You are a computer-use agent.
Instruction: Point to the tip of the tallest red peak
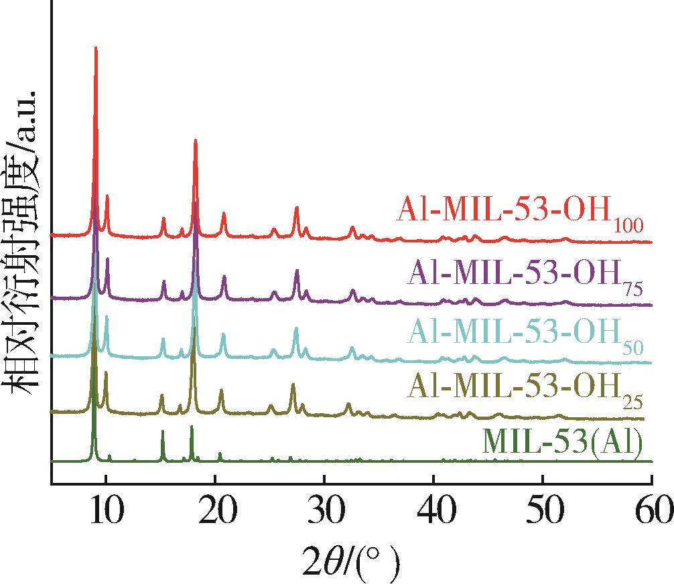pyautogui.click(x=96, y=48)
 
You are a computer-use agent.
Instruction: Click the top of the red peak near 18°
pyautogui.click(x=195, y=140)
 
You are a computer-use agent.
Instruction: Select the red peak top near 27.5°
pyautogui.click(x=296, y=208)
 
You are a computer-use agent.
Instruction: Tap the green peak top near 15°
pyautogui.click(x=162, y=431)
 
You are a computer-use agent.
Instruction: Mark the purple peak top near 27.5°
pyautogui.click(x=297, y=271)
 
